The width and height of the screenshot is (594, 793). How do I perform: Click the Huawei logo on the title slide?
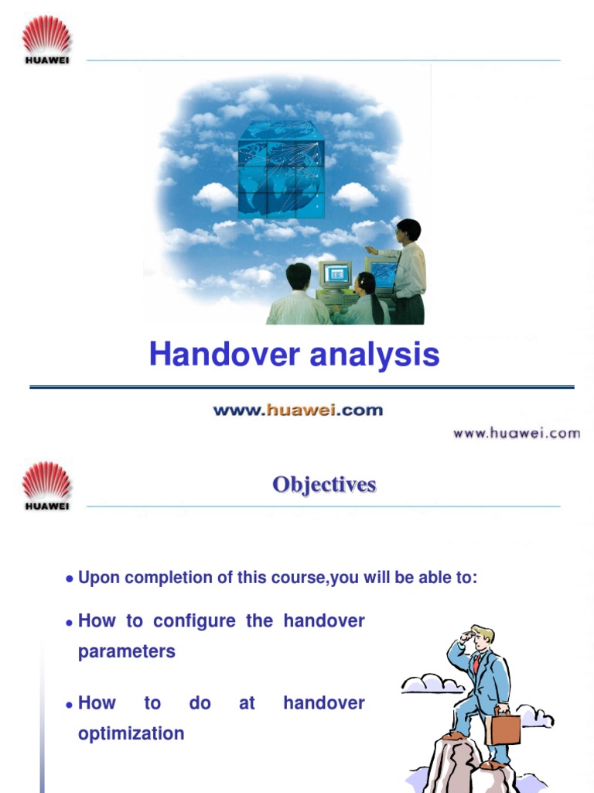(x=46, y=40)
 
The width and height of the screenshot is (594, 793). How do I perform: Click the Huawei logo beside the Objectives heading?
(x=46, y=486)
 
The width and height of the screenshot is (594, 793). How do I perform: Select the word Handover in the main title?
(x=224, y=355)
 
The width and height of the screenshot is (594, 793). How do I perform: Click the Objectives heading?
(x=324, y=485)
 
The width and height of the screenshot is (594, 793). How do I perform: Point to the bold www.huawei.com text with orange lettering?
(x=298, y=410)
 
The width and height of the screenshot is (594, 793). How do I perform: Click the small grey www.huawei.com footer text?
(x=516, y=433)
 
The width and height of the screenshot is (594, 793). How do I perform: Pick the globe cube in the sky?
(x=281, y=168)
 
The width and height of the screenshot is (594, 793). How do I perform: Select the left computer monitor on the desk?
(x=335, y=274)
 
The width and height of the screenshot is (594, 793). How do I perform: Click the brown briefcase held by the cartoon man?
(x=505, y=727)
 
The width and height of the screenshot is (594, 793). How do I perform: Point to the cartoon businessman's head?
(x=481, y=637)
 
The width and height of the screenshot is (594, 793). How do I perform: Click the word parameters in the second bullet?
(x=127, y=651)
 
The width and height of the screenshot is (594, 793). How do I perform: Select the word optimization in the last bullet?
(x=131, y=733)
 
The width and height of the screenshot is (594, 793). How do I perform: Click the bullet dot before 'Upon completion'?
(x=70, y=579)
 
